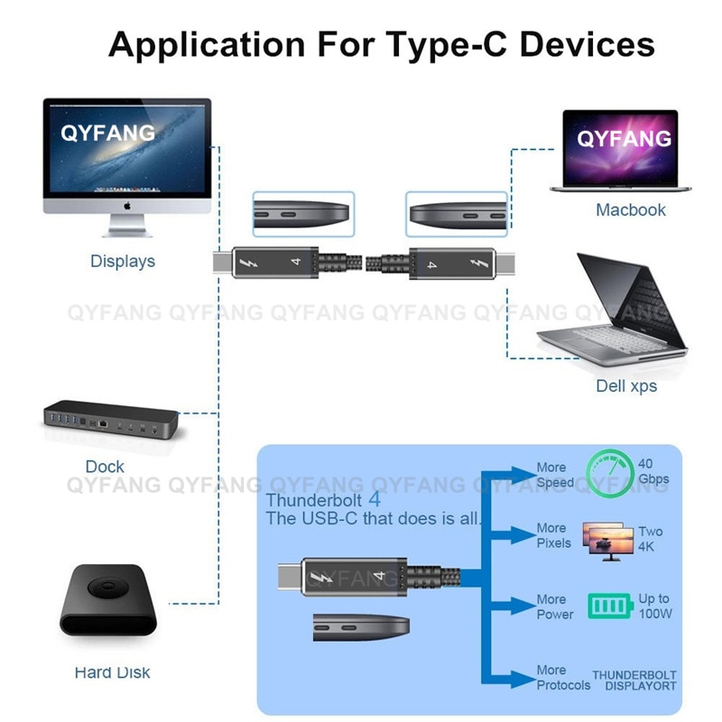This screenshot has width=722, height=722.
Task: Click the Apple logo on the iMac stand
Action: click(127, 205)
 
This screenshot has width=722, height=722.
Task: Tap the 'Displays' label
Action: click(123, 262)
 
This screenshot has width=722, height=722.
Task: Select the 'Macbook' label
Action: click(630, 210)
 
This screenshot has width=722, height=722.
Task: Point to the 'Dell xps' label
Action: click(626, 386)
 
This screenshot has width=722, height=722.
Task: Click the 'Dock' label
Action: click(105, 467)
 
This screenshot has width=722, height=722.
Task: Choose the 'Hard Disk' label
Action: click(112, 672)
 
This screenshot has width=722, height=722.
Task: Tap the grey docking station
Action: click(109, 421)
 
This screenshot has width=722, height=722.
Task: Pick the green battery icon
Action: click(610, 606)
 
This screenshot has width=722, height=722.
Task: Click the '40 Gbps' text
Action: click(653, 470)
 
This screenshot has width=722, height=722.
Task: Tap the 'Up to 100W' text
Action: click(654, 606)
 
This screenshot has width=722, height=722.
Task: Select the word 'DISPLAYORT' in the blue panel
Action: click(640, 686)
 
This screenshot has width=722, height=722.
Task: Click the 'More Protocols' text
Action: click(563, 678)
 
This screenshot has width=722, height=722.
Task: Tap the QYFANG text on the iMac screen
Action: click(108, 134)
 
